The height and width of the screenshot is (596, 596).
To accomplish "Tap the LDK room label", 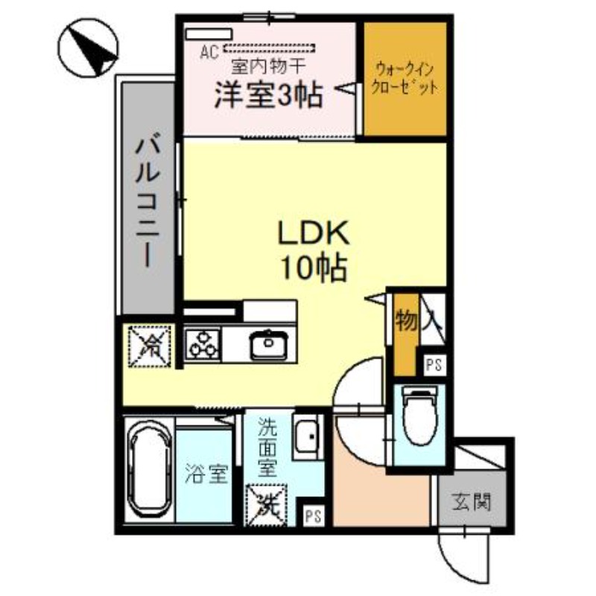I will (x=314, y=250).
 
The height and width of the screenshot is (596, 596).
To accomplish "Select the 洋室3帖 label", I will (x=269, y=95).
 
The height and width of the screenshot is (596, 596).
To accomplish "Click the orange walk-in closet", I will (x=405, y=78).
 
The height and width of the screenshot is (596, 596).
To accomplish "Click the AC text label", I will (x=209, y=52).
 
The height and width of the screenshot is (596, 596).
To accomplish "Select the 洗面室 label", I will (x=267, y=448).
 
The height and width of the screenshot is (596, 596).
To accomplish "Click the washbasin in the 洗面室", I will (x=305, y=436).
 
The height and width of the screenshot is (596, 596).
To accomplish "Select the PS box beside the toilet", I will (x=431, y=365).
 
